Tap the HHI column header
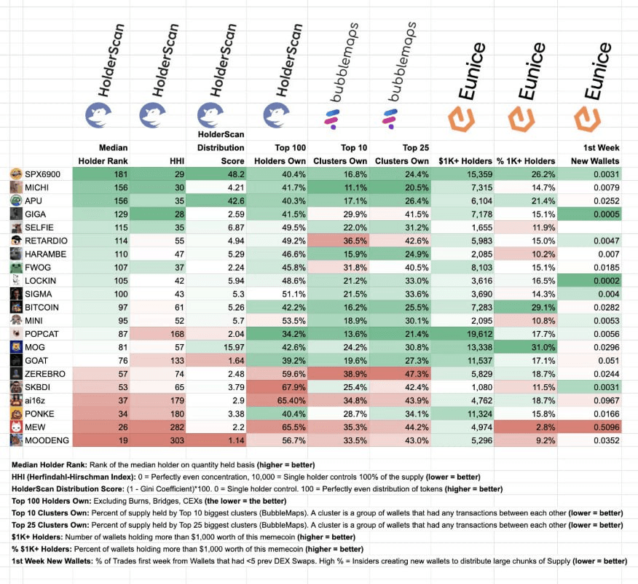[x=177, y=160]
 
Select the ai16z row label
[x=35, y=400]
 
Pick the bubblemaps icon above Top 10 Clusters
[x=333, y=117]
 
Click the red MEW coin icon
[x=15, y=427]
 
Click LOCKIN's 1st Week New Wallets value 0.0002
[x=607, y=281]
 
